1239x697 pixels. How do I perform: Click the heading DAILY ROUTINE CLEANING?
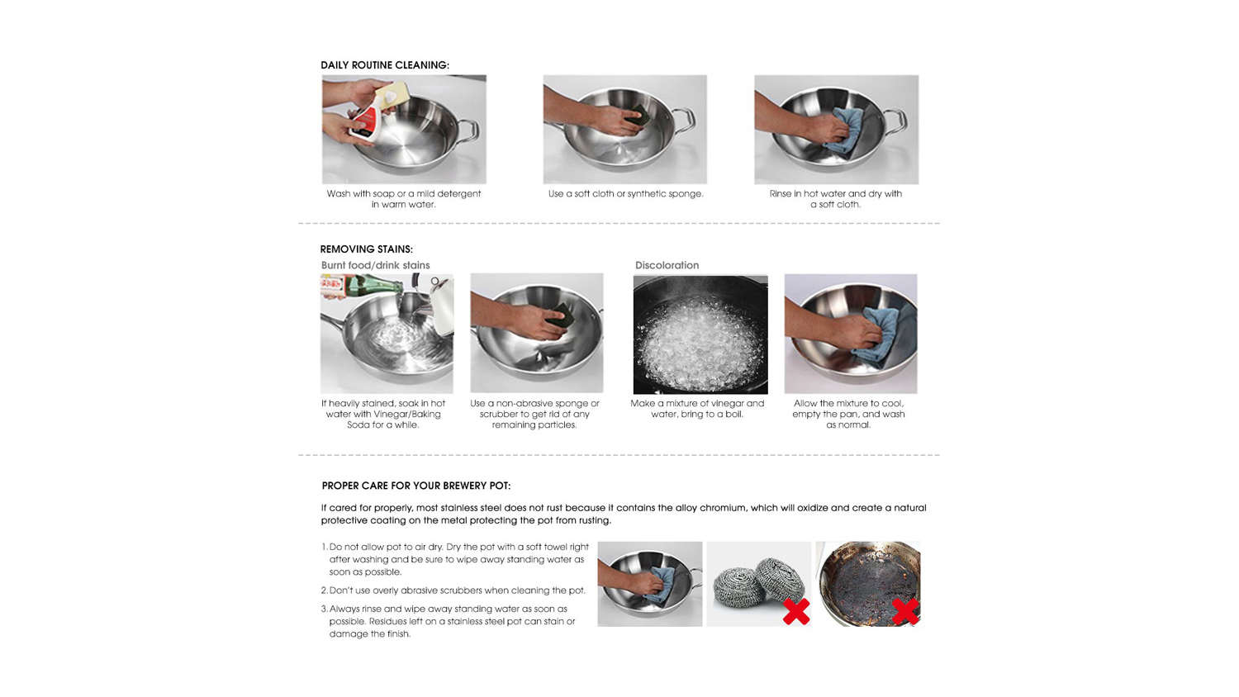[385, 65]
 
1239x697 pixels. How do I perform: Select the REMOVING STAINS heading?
[367, 249]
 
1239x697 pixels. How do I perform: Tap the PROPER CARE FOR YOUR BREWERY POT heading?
[416, 486]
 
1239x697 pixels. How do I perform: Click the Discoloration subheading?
[667, 266]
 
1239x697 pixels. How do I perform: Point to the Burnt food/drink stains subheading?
[376, 266]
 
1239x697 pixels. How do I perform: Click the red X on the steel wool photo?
[796, 611]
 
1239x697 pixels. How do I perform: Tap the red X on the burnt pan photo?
[906, 612]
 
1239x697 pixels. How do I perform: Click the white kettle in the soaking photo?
[442, 305]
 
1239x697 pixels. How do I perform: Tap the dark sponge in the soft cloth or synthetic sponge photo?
[637, 116]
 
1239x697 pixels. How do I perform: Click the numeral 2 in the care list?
[324, 590]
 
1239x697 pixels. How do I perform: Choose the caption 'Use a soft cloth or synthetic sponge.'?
[625, 194]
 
